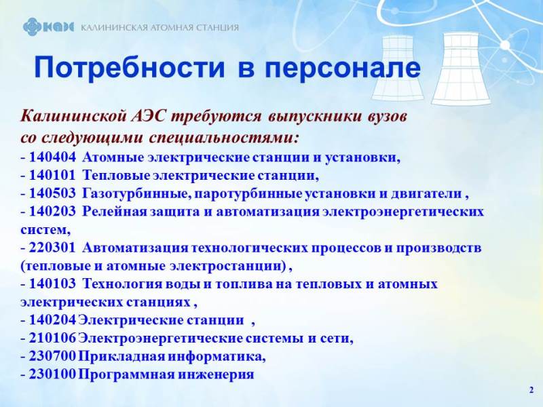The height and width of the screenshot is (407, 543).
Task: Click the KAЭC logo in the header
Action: [x=48, y=27]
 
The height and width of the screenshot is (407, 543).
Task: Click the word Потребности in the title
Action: [x=130, y=67]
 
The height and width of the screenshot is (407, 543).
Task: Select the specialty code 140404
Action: [x=52, y=157]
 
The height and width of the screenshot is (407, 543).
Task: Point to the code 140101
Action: [x=52, y=176]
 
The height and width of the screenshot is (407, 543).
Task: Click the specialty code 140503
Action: [x=52, y=193]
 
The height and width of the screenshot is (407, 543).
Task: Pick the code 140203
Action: [x=52, y=212]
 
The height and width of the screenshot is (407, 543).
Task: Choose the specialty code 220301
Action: [x=52, y=248]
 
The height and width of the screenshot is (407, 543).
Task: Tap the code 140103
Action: [x=52, y=284]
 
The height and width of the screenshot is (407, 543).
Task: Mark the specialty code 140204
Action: [x=52, y=320]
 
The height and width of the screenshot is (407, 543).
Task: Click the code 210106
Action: [x=52, y=338]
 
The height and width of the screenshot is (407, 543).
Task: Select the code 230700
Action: [x=52, y=357]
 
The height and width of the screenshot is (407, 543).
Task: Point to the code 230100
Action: [x=52, y=374]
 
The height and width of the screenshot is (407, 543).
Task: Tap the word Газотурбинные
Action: [x=137, y=194]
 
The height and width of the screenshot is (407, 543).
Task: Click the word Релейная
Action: [x=115, y=212]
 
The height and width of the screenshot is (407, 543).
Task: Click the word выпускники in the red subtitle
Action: [x=315, y=117]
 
